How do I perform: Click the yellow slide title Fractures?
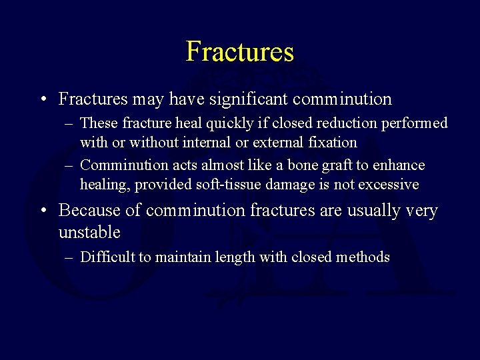pos(239,51)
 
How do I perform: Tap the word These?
pos(97,123)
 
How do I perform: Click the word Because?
pos(90,211)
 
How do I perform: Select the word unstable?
pos(89,233)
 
